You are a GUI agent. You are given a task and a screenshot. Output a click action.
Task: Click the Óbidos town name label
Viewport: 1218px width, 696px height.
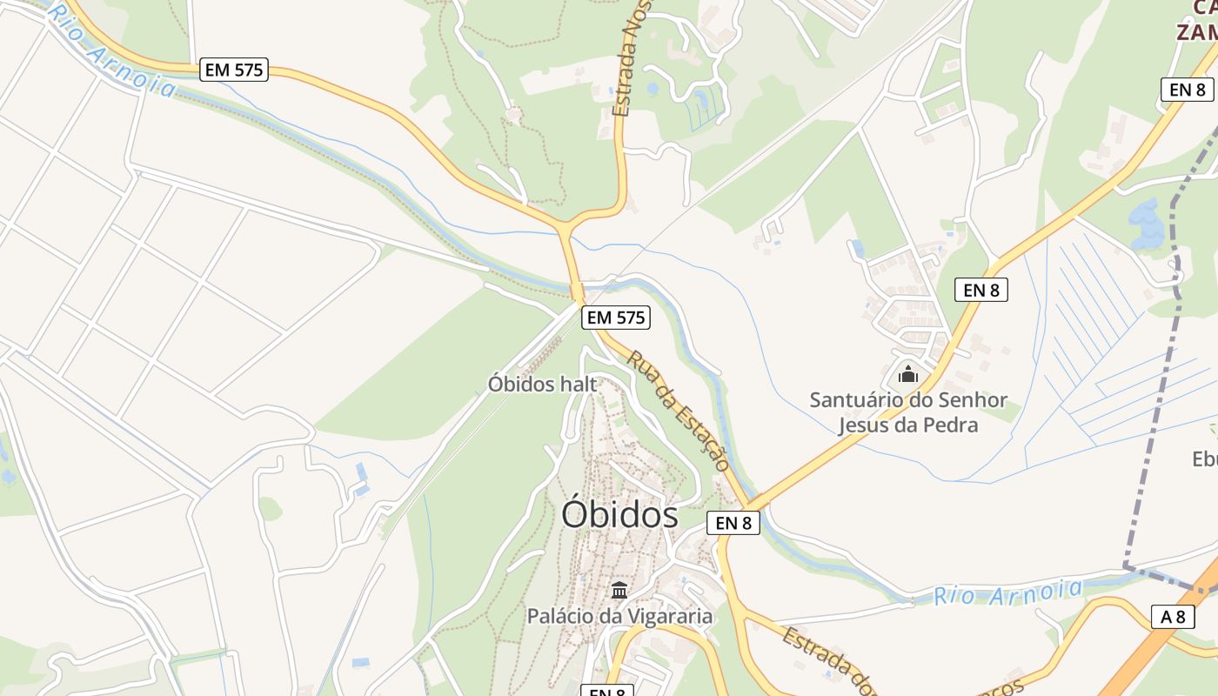click(619, 515)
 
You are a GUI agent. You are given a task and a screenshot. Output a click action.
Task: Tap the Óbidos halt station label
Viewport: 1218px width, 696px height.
click(542, 384)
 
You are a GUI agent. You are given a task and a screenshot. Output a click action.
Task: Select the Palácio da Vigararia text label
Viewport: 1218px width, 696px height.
click(619, 616)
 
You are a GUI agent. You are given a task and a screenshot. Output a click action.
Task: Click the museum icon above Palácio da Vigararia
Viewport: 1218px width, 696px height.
click(619, 591)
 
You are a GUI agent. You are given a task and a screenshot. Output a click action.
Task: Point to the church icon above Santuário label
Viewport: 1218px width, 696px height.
click(908, 375)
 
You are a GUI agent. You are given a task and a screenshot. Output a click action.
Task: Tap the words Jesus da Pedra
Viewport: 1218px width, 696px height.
click(908, 425)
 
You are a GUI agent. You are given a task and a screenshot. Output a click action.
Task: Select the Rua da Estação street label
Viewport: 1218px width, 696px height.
click(679, 411)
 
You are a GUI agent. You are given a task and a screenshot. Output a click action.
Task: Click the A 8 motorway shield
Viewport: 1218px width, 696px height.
click(1173, 617)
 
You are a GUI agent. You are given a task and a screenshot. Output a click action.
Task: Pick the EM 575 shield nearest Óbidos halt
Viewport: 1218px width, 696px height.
click(616, 318)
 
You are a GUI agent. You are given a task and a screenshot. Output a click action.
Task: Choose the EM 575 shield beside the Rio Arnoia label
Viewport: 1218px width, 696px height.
click(234, 70)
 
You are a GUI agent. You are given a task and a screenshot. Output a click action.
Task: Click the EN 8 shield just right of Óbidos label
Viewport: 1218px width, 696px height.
click(733, 523)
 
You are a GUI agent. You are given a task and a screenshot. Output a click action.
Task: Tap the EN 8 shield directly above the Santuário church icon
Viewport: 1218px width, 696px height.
click(981, 290)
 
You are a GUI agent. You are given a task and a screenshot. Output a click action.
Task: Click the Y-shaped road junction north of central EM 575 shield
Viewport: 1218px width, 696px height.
click(565, 230)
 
